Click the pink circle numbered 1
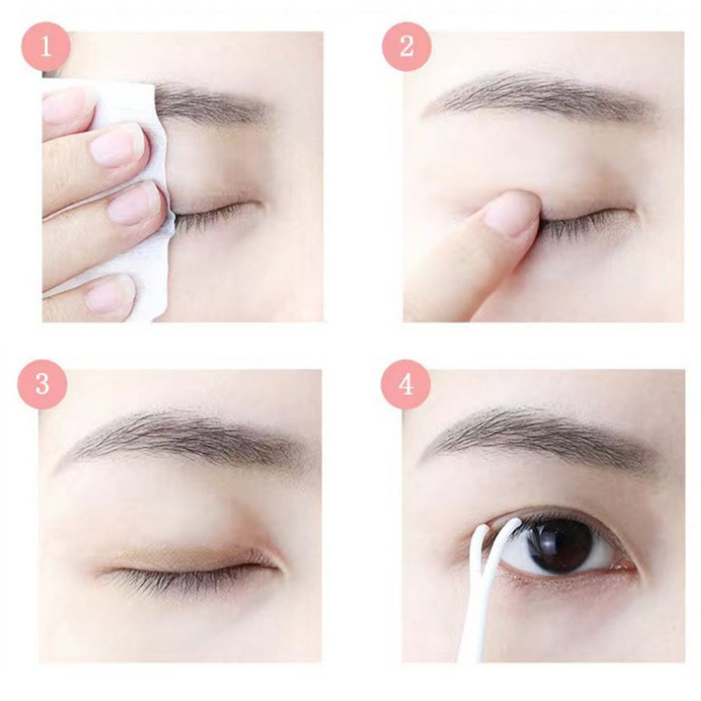pyautogui.click(x=46, y=46)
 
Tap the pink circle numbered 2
pyautogui.click(x=407, y=46)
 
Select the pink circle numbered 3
pyautogui.click(x=42, y=384)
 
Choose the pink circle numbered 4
pyautogui.click(x=406, y=384)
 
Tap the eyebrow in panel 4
pyautogui.click(x=543, y=435)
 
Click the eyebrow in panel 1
pyautogui.click(x=210, y=105)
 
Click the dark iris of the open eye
pyautogui.click(x=559, y=544)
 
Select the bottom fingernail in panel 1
pyautogui.click(x=110, y=292)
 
